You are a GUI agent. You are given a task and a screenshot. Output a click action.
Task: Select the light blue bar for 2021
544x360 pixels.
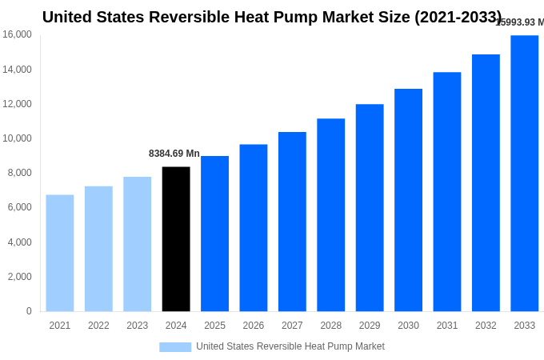[60, 253]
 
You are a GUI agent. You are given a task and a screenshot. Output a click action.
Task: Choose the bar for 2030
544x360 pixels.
[408, 200]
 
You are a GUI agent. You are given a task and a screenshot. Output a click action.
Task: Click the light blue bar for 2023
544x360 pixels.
[137, 244]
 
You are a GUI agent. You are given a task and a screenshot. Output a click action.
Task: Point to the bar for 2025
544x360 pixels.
[214, 234]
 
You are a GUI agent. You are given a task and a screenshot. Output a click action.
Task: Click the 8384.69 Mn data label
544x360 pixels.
[174, 154]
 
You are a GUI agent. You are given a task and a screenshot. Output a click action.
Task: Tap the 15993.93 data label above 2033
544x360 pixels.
[519, 22]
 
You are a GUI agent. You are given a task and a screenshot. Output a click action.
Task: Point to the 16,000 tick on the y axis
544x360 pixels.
[17, 34]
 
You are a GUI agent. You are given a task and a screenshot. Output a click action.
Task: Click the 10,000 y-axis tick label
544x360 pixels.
[17, 138]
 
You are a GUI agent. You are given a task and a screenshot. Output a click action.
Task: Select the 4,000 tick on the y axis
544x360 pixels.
[19, 242]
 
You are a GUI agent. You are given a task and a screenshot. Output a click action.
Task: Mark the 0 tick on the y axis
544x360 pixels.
[29, 311]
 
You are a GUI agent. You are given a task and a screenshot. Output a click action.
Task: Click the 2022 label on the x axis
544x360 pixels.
[98, 326]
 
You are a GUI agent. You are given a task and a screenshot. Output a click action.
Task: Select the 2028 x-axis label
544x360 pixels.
[331, 326]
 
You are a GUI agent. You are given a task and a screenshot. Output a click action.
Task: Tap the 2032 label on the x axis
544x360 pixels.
[486, 326]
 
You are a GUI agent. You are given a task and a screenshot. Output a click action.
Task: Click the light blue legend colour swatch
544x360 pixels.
[175, 346]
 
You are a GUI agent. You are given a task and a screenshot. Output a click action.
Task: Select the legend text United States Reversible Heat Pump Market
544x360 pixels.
[290, 346]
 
